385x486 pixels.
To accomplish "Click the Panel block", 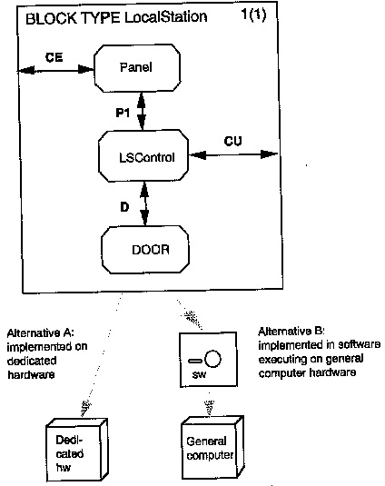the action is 137,68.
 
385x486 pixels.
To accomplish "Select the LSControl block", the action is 143,156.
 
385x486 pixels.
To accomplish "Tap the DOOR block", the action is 145,250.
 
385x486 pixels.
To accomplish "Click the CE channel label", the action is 54,57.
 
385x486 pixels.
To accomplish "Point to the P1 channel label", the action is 123,113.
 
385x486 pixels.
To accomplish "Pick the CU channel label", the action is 233,141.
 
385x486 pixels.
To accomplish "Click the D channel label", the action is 124,207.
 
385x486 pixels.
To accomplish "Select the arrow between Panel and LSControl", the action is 142,111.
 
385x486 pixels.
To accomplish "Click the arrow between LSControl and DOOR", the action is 144,203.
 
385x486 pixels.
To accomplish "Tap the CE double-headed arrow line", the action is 55,70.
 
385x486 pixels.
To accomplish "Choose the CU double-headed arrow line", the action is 233,154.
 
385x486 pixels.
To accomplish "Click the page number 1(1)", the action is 253,15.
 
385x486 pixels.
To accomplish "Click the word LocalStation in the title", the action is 165,17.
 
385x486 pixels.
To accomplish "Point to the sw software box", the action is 209,360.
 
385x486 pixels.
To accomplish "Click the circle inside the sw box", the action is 212,359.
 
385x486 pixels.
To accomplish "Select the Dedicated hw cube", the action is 77,450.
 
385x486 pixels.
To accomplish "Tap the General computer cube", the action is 212,448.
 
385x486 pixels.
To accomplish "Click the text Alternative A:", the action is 40,333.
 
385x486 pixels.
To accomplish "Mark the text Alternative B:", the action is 291,332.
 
